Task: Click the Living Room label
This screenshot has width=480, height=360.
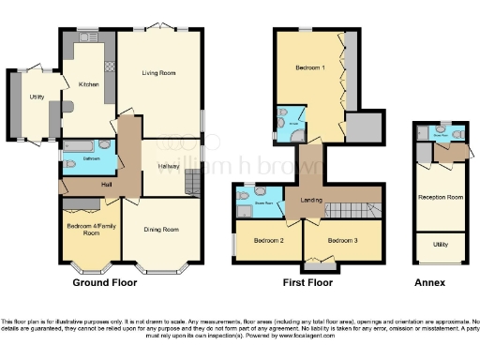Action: pyautogui.click(x=158, y=73)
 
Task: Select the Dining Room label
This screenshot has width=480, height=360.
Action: pyautogui.click(x=160, y=229)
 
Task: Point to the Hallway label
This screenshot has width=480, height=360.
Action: pyautogui.click(x=169, y=167)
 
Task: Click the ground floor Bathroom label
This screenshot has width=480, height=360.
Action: pyautogui.click(x=91, y=158)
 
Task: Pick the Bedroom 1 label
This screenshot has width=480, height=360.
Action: pyautogui.click(x=310, y=69)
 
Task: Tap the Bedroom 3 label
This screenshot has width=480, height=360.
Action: pyautogui.click(x=342, y=241)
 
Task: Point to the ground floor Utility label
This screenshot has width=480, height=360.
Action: pyautogui.click(x=37, y=97)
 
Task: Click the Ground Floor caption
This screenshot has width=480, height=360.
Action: pyautogui.click(x=99, y=281)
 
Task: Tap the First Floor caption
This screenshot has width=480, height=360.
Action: pyautogui.click(x=308, y=281)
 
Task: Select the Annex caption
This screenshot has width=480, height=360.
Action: pyautogui.click(x=431, y=281)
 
